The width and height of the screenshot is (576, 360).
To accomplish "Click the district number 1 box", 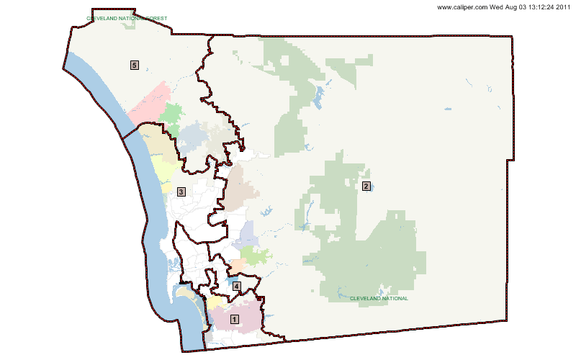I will point(233,318).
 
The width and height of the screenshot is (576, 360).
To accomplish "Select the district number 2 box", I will point(366,186).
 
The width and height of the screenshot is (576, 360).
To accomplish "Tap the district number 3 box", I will point(181,192).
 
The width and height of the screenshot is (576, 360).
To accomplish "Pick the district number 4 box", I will point(236,287).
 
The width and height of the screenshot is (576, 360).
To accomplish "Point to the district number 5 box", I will point(135,65).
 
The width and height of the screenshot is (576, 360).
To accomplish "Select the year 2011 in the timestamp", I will point(563,7).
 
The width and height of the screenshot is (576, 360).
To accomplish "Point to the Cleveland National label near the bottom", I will point(379,298).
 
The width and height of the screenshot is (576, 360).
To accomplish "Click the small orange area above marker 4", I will point(238,265).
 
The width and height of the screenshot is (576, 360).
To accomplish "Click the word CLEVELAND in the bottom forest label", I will point(364,298).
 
